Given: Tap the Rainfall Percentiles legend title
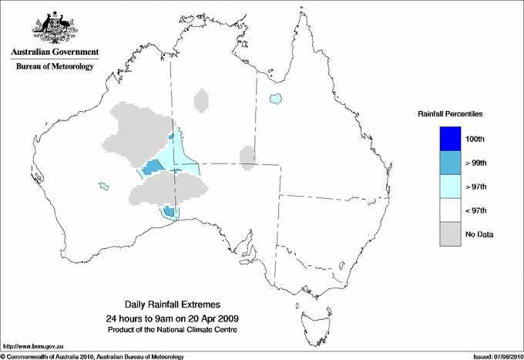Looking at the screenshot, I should [450, 113].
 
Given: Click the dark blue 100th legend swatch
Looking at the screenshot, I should [450, 138].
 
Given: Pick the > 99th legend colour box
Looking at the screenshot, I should [450, 162].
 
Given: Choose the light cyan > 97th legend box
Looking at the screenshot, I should [450, 186].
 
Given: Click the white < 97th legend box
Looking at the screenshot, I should [450, 210].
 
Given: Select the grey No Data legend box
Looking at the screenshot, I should [450, 234].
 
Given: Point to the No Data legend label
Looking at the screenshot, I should [479, 234].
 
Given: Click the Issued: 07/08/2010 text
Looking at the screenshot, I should [496, 356].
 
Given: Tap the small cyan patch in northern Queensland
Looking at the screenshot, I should [275, 98].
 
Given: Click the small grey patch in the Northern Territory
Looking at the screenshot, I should [201, 101].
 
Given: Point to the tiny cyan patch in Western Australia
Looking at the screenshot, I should [102, 185].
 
